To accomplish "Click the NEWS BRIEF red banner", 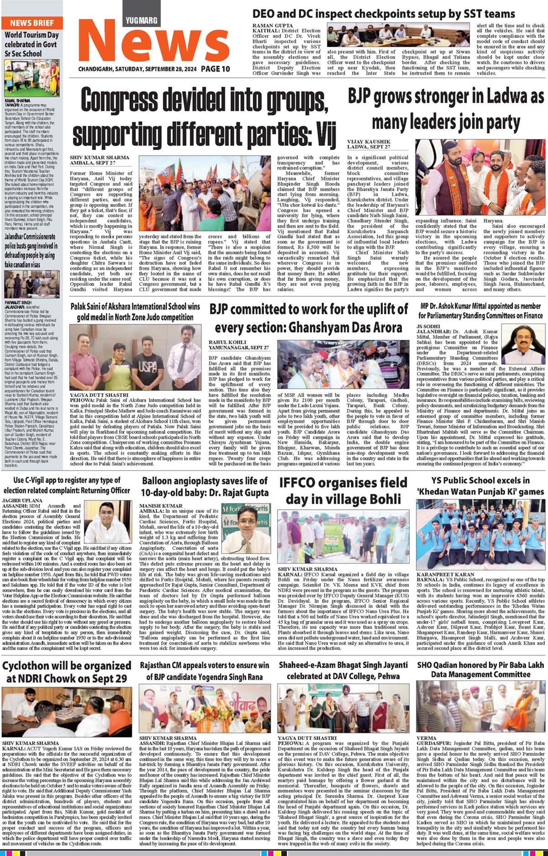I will [32, 23].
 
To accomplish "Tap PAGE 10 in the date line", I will [215, 69].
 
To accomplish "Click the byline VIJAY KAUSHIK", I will [369, 142].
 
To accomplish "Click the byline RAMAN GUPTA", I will [273, 26].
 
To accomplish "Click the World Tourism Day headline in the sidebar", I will [32, 44].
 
